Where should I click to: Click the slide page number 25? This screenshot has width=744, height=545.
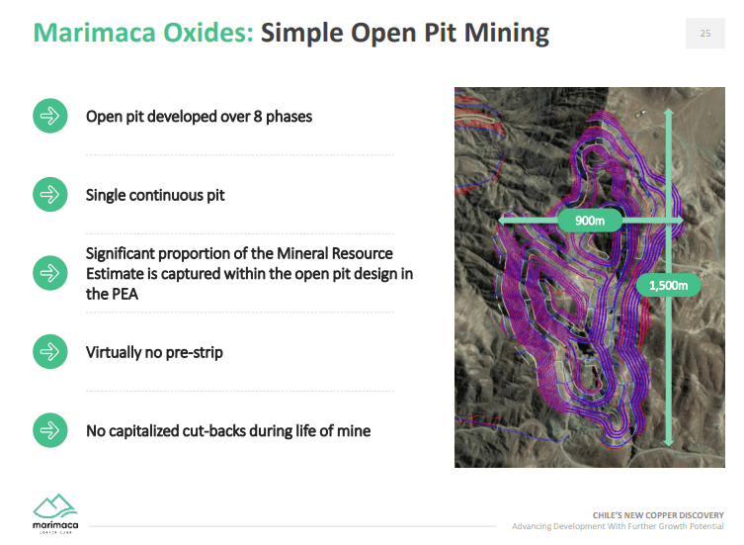(x=705, y=34)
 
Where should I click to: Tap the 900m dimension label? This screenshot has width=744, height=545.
(x=590, y=221)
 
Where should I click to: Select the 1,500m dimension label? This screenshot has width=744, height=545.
(x=668, y=286)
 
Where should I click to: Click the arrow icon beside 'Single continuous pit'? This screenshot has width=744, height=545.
(x=50, y=194)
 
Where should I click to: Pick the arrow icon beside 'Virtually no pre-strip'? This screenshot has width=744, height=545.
(x=50, y=351)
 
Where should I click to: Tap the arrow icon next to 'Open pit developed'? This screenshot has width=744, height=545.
(x=50, y=116)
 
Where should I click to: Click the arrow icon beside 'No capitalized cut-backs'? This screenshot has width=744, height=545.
(x=50, y=430)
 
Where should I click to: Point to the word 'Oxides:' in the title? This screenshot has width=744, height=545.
(x=208, y=33)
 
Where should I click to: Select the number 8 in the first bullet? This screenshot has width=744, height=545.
(x=258, y=117)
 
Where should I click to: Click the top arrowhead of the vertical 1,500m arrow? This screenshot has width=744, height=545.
(x=669, y=112)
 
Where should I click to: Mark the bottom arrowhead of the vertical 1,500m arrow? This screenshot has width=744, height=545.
(x=669, y=442)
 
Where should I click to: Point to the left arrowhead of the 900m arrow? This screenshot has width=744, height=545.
(x=502, y=221)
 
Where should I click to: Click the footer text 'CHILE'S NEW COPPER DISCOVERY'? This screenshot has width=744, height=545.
(x=658, y=515)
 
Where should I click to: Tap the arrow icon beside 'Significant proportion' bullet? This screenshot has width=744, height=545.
(x=50, y=273)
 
